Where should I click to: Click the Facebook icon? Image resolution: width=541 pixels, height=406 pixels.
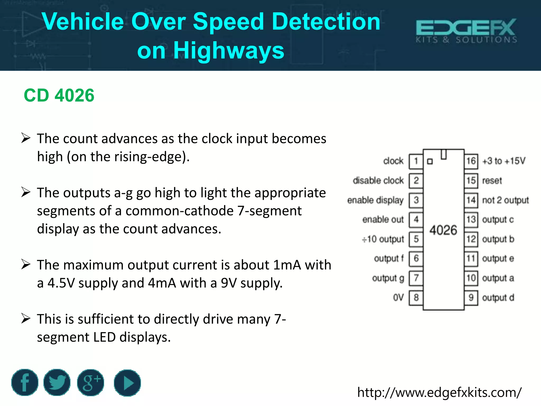[25, 383]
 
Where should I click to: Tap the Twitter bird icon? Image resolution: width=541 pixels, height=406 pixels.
[57, 383]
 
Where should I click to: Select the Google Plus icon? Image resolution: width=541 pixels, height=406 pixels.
[91, 383]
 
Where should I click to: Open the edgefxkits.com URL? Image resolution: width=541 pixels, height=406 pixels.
[439, 392]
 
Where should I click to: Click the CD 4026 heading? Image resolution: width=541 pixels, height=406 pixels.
[59, 95]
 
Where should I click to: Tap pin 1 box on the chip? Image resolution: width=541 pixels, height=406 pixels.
[416, 161]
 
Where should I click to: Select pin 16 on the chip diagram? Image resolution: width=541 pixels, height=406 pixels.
[471, 161]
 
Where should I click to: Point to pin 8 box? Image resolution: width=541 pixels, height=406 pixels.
[416, 298]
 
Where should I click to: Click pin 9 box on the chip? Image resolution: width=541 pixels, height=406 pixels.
[471, 298]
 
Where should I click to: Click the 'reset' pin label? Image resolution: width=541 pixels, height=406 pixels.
[492, 181]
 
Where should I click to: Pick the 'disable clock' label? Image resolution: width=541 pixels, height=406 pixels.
[378, 181]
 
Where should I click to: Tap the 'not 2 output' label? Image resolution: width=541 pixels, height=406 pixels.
[505, 200]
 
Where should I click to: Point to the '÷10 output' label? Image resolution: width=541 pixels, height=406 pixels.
[383, 239]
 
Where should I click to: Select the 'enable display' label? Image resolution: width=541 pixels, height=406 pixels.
[375, 200]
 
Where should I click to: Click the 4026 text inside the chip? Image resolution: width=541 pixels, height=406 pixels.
[443, 230]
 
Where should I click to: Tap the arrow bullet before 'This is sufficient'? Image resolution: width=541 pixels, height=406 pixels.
[26, 319]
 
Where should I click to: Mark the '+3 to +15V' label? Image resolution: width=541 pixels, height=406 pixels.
[504, 161]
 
